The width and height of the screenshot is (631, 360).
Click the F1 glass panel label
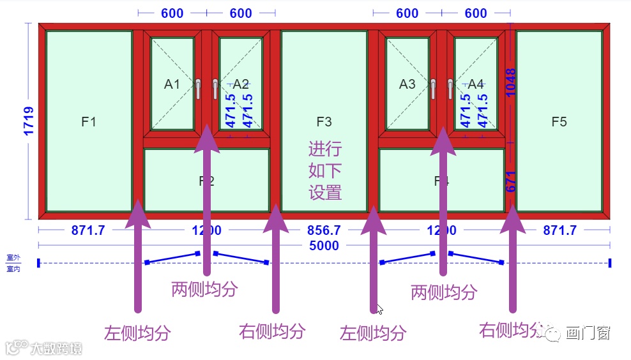click(x=88, y=121)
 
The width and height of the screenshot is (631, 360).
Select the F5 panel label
click(x=559, y=121)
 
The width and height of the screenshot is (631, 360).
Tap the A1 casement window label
click(x=172, y=84)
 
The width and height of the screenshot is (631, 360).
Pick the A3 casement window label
click(x=407, y=84)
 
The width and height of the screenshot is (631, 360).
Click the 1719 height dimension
click(x=29, y=121)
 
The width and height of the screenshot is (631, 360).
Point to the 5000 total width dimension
click(x=324, y=246)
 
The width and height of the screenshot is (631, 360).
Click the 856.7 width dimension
click(x=324, y=230)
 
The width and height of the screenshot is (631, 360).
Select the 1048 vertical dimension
click(x=510, y=82)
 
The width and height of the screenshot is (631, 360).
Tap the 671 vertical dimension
click(x=510, y=181)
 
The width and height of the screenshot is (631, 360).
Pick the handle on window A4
click(x=451, y=88)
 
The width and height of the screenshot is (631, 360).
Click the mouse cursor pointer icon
click(x=379, y=310)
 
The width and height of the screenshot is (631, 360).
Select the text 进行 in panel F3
click(x=325, y=150)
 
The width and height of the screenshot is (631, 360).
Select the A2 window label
click(x=241, y=84)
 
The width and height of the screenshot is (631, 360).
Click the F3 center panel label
click(x=324, y=121)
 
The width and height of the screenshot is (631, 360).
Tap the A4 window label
click(x=476, y=84)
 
